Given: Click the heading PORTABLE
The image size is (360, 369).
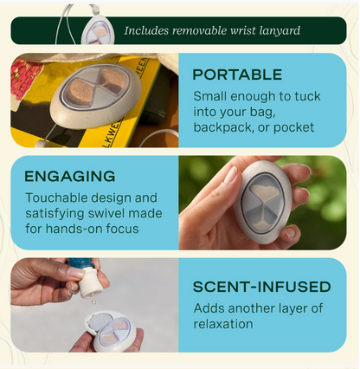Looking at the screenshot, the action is pyautogui.click(x=237, y=74).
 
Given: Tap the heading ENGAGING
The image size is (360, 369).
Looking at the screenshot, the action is pyautogui.click(x=70, y=176).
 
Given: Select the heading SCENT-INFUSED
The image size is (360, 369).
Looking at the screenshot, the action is pyautogui.click(x=261, y=287).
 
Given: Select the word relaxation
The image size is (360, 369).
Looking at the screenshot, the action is pyautogui.click(x=223, y=324).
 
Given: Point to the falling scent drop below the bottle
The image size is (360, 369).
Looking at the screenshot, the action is pyautogui.click(x=93, y=301).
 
